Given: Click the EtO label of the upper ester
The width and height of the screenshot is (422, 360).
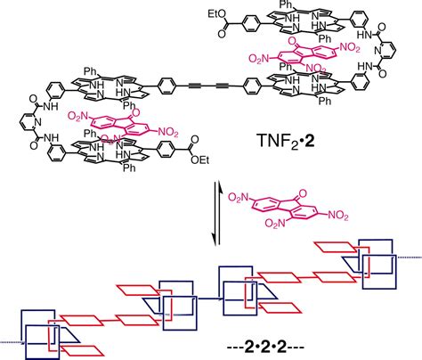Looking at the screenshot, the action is [x=218, y=14].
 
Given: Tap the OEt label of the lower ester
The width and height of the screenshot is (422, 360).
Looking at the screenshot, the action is [x=200, y=160].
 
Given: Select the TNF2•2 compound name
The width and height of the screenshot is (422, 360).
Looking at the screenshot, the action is [x=282, y=141].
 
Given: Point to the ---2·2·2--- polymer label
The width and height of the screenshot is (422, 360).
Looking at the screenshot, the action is [x=265, y=347].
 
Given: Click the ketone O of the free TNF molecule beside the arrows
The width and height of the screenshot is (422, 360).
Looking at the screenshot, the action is [x=302, y=194].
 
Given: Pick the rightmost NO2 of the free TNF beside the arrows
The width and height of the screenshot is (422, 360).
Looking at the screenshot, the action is [x=338, y=215].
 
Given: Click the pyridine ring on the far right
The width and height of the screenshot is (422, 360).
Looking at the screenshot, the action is [x=386, y=52].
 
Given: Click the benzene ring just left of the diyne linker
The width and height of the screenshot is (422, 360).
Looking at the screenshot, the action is [x=167, y=86].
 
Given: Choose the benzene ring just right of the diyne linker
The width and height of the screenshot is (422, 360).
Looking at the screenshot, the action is [x=252, y=86].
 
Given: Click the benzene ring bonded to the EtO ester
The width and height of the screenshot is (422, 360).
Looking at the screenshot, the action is [x=252, y=23].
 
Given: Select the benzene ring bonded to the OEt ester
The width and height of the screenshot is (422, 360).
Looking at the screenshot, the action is [x=166, y=149].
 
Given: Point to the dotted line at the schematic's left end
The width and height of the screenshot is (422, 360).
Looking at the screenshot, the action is [x=12, y=342].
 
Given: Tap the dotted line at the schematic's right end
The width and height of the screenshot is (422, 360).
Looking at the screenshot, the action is [x=410, y=258].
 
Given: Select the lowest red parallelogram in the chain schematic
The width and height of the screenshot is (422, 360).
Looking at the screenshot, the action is [x=83, y=350].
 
